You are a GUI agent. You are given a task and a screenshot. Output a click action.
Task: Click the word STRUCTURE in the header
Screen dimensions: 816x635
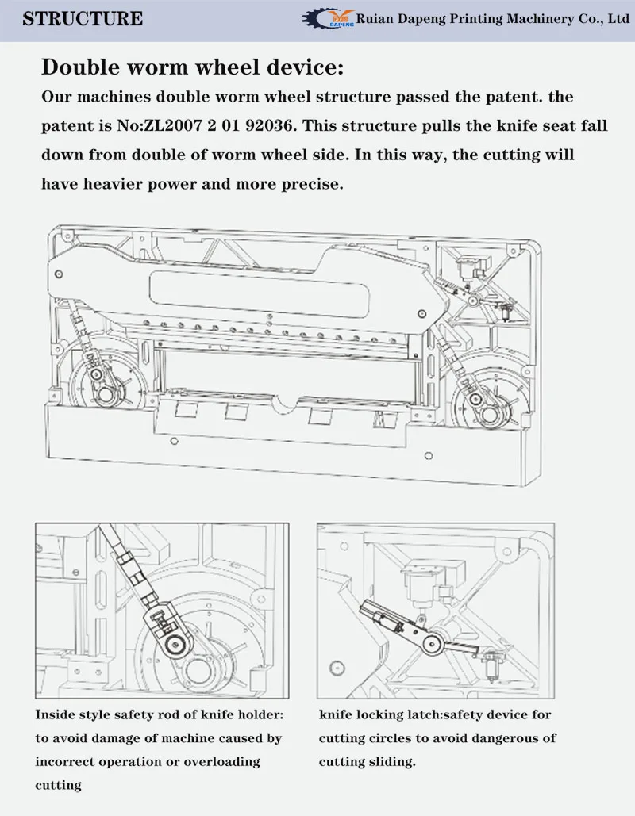tap(83, 18)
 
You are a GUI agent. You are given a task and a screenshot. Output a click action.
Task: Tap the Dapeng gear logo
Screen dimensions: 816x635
tap(325, 19)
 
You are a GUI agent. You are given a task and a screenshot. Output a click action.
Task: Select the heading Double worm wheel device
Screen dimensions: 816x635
tap(192, 67)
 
